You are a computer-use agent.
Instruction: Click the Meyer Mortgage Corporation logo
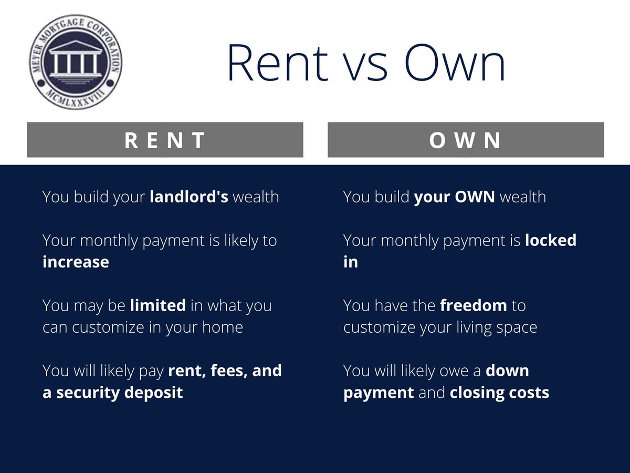pyautogui.click(x=76, y=62)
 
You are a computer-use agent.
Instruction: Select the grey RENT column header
pyautogui.click(x=165, y=140)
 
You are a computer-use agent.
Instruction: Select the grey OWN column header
pyautogui.click(x=466, y=140)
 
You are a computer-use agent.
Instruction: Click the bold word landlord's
pyautogui.click(x=188, y=197)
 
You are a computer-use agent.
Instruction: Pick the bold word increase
pyautogui.click(x=76, y=262)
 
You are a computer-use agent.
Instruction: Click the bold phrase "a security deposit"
pyautogui.click(x=112, y=393)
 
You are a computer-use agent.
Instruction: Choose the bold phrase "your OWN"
pyautogui.click(x=455, y=197)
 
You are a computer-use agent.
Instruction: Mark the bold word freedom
pyautogui.click(x=474, y=305)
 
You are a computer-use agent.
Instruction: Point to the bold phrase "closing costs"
pyautogui.click(x=499, y=393)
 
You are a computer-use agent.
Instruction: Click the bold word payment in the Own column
pyautogui.click(x=379, y=393)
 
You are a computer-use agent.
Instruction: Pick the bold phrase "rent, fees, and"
pyautogui.click(x=225, y=371)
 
